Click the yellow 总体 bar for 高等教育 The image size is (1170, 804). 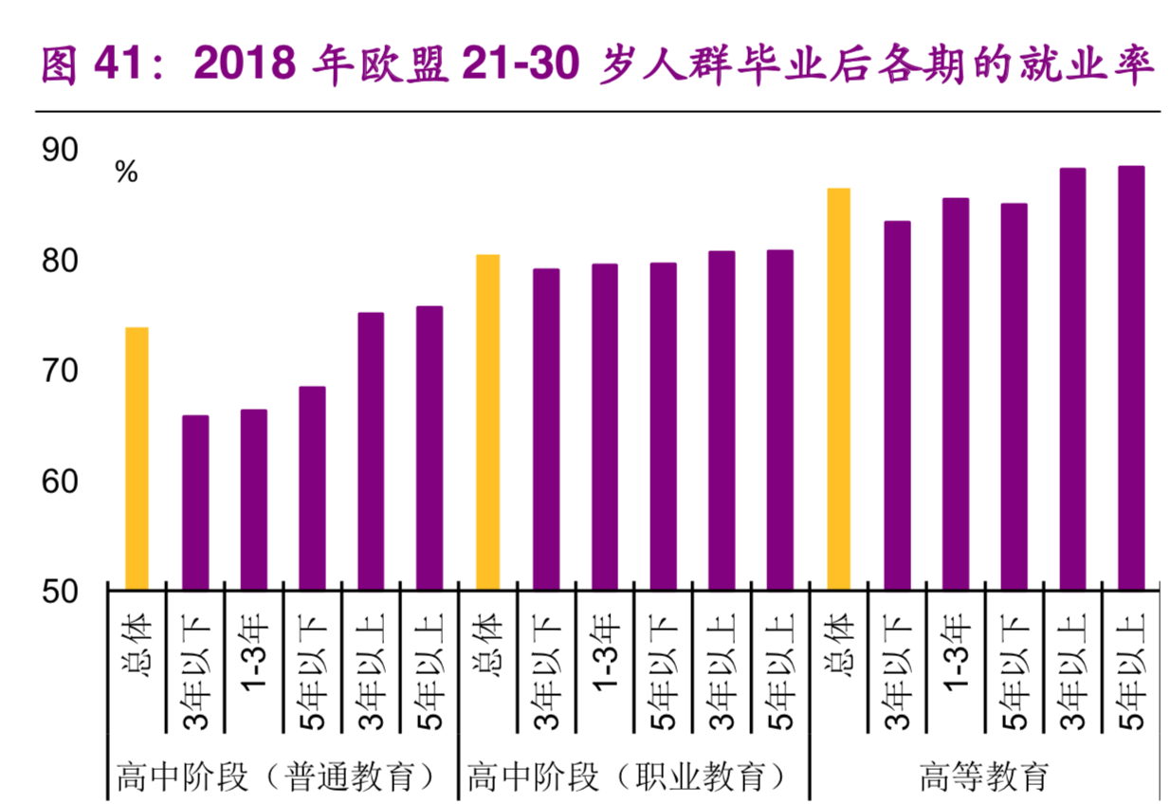pyautogui.click(x=838, y=389)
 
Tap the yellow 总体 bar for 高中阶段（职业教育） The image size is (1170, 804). pyautogui.click(x=487, y=422)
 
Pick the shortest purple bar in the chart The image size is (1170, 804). pyautogui.click(x=195, y=502)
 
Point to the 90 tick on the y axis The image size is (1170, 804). pyautogui.click(x=60, y=150)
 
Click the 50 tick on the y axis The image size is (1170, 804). pyautogui.click(x=60, y=591)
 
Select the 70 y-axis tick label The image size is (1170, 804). pyautogui.click(x=60, y=371)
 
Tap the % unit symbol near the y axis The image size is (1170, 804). pyautogui.click(x=126, y=173)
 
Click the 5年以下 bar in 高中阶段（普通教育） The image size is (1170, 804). pyautogui.click(x=312, y=488)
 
